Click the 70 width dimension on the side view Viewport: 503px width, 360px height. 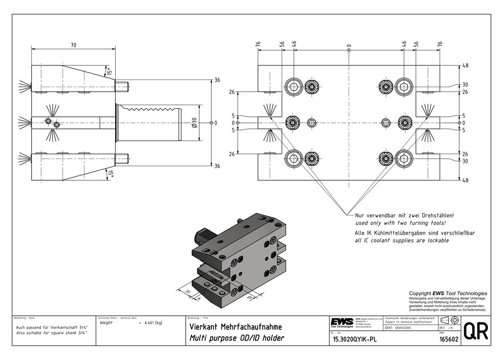tap(73, 45)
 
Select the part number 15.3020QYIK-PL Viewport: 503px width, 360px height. tap(354, 339)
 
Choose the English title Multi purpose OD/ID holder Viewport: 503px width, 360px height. tap(236, 338)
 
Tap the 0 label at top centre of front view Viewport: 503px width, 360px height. tap(349, 46)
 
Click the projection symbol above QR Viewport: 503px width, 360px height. tap(449, 321)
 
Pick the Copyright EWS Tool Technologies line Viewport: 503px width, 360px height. tap(448, 293)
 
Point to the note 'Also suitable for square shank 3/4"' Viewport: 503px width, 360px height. tap(52, 333)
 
